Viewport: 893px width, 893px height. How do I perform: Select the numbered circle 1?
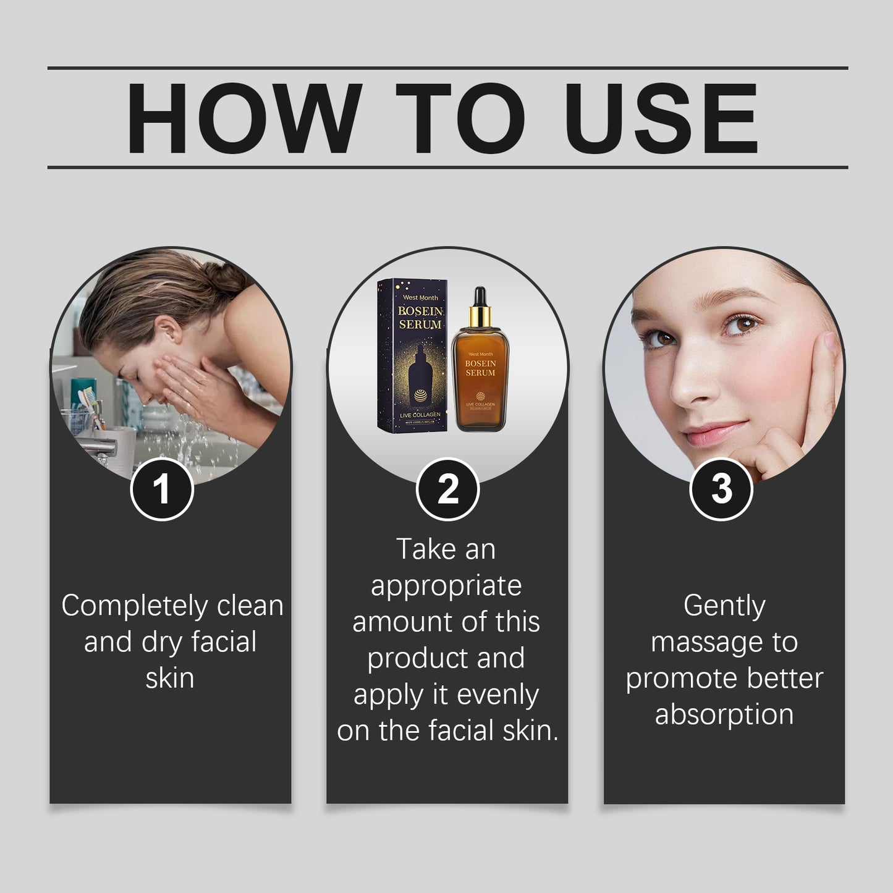point(162,489)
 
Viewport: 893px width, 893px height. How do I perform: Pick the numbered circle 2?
point(447,489)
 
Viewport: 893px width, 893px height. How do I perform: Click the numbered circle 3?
point(721,489)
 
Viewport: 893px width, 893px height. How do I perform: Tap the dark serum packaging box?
point(412,355)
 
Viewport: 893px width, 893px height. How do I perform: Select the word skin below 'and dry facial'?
point(170,678)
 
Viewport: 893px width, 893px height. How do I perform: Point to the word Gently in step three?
point(724,606)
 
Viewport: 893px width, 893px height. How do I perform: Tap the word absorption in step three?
point(724,714)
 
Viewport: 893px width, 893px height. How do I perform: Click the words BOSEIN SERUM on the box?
point(420,318)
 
